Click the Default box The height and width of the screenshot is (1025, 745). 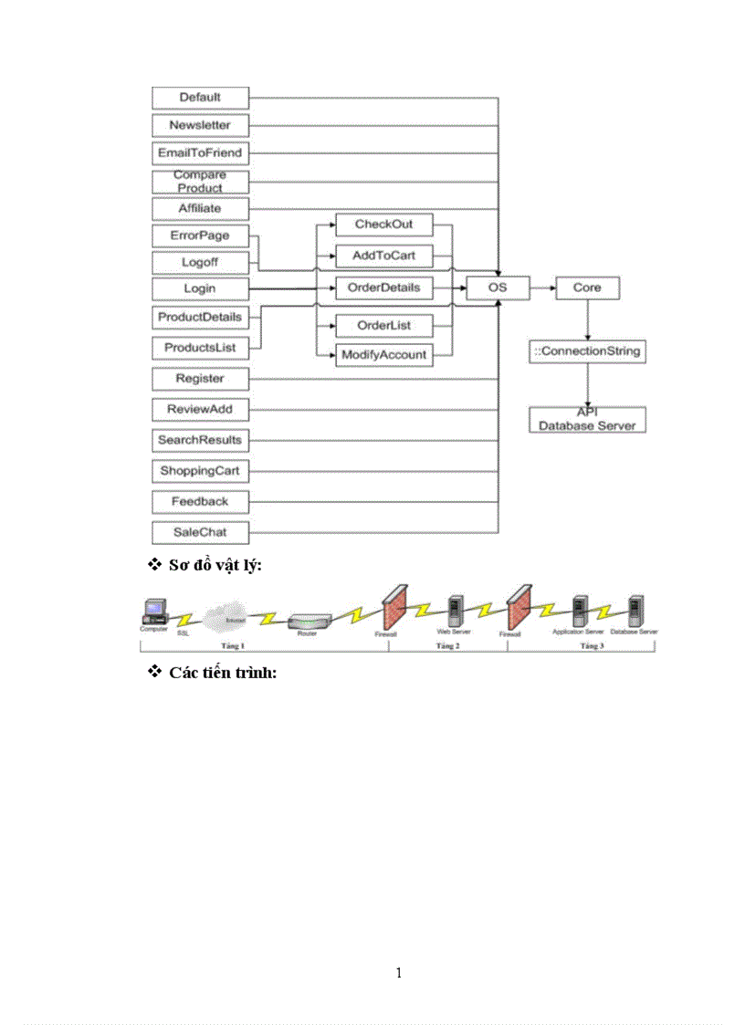pyautogui.click(x=200, y=98)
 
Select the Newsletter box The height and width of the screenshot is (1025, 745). pyautogui.click(x=200, y=125)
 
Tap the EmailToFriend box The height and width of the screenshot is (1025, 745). pyautogui.click(x=200, y=153)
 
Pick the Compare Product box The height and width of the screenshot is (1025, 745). pyautogui.click(x=200, y=181)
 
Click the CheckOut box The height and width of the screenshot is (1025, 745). pyautogui.click(x=383, y=225)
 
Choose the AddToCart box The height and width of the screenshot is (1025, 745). pyautogui.click(x=383, y=256)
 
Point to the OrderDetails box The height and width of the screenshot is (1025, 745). pyautogui.click(x=383, y=288)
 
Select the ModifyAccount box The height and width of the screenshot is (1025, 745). pyautogui.click(x=383, y=354)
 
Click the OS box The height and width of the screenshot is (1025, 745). pyautogui.click(x=498, y=288)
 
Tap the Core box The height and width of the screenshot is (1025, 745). pyautogui.click(x=587, y=288)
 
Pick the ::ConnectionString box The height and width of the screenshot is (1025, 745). pyautogui.click(x=587, y=351)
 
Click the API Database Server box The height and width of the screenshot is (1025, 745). pyautogui.click(x=587, y=420)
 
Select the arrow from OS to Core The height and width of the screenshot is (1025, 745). pyautogui.click(x=542, y=288)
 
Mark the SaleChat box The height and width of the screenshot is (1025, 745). pyautogui.click(x=200, y=532)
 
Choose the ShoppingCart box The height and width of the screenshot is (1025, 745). pyautogui.click(x=200, y=471)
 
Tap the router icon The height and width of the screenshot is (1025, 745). pyautogui.click(x=307, y=622)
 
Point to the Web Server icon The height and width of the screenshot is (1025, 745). pyautogui.click(x=454, y=612)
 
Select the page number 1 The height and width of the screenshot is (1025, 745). pyautogui.click(x=399, y=973)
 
